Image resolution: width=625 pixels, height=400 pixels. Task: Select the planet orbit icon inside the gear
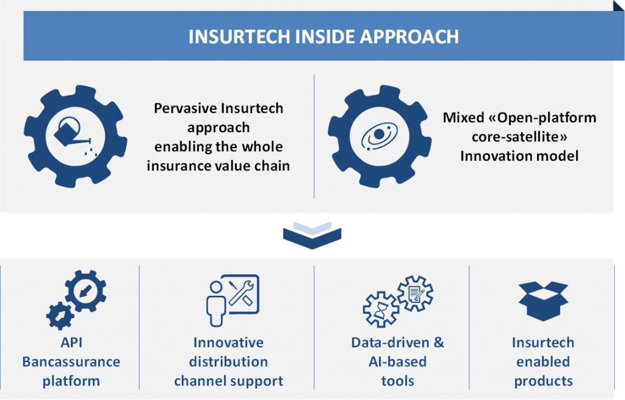tap(379, 137)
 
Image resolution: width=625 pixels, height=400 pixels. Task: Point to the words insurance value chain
tap(219, 165)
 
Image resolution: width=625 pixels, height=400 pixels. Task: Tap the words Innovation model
tap(519, 155)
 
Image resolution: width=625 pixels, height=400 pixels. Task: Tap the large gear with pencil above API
tap(85, 291)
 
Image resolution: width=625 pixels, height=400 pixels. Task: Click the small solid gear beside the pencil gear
tap(60, 315)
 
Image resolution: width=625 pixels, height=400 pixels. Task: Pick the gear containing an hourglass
tap(380, 310)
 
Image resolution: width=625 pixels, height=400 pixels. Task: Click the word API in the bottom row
tap(71, 342)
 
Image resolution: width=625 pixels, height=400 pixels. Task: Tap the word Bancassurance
tap(71, 362)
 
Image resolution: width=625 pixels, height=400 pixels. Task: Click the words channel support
tap(228, 381)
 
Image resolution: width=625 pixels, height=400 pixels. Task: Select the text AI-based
tap(397, 362)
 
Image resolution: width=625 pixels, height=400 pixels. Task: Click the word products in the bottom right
tap(543, 381)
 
